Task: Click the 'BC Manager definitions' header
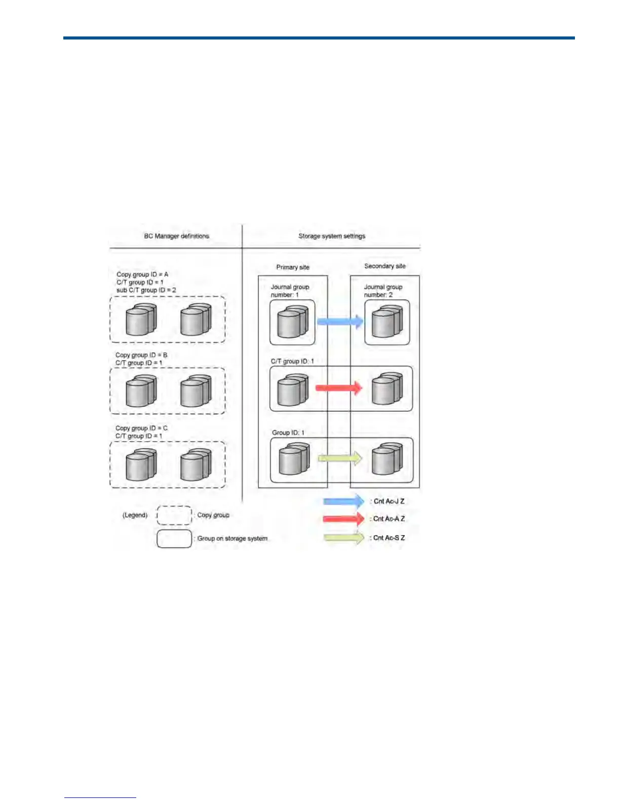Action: tap(176, 236)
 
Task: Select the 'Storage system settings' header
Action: tap(332, 236)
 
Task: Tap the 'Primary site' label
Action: tap(293, 267)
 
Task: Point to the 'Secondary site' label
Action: tap(385, 266)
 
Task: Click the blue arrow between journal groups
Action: tap(340, 322)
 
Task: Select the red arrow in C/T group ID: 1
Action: tap(339, 388)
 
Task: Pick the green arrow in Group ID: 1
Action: tap(339, 459)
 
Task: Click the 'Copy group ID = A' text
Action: tap(142, 274)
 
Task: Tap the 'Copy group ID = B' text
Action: tap(141, 355)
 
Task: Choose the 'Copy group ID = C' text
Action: tap(141, 428)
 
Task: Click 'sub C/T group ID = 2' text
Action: tap(146, 290)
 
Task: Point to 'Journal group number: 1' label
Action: tap(290, 291)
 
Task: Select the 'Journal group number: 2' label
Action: tap(383, 291)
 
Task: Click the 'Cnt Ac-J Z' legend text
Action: tap(389, 501)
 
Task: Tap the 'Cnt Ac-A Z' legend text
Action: tap(389, 519)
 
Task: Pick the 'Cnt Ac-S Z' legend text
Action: tap(389, 538)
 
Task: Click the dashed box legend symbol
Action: tap(174, 515)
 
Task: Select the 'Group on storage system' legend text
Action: tap(232, 538)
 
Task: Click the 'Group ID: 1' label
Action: tap(288, 433)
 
